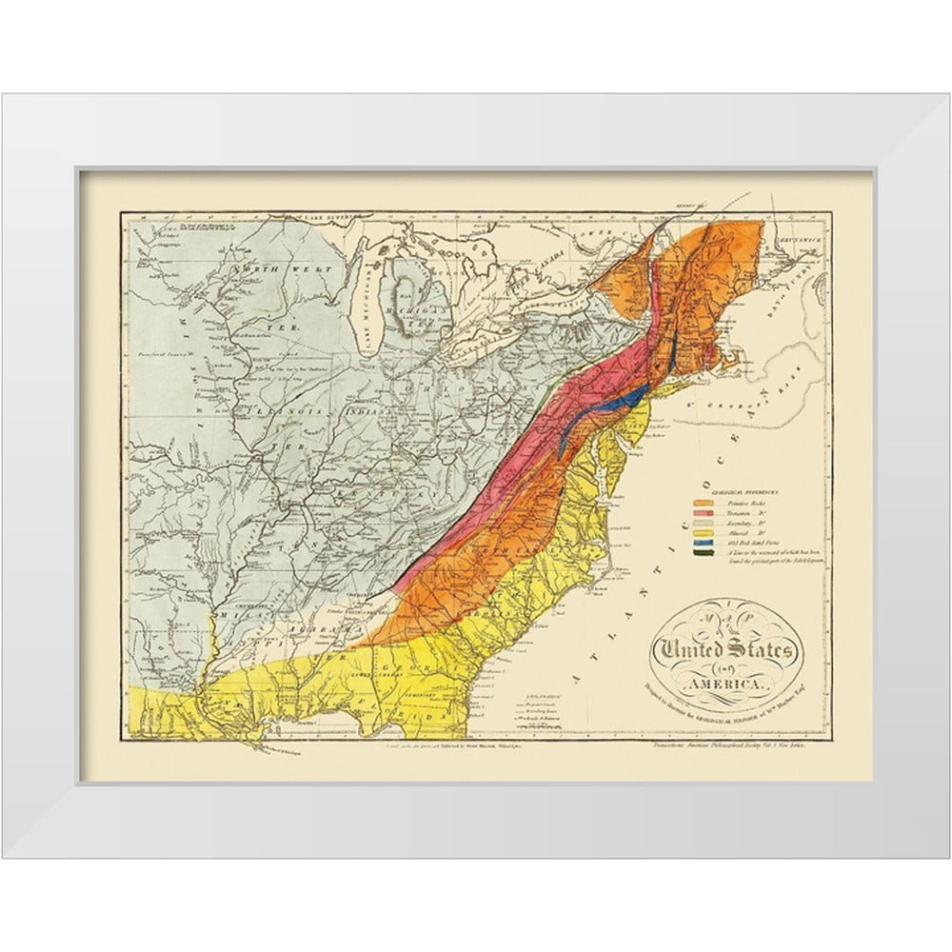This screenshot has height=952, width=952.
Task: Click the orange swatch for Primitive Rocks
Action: (703, 503)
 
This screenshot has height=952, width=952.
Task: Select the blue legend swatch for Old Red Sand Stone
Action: (703, 542)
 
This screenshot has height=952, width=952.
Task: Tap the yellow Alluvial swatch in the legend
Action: (703, 531)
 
